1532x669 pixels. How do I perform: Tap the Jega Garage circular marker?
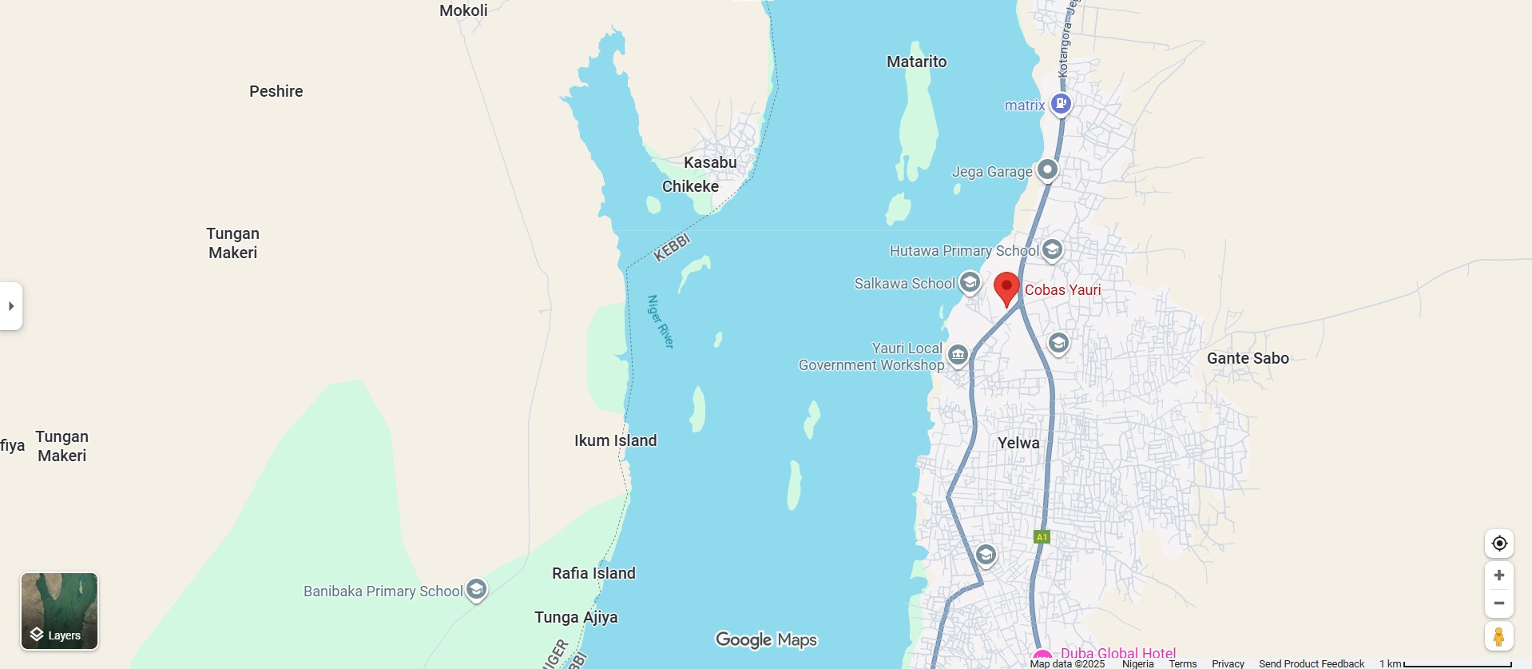1047,170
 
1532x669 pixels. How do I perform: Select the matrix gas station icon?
1061,103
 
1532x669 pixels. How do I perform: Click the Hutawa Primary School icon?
1052,249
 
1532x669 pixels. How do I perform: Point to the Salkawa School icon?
970,282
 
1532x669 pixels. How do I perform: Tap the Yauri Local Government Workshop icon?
958,354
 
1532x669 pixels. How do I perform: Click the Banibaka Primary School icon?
477,590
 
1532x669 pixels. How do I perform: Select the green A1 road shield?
1042,537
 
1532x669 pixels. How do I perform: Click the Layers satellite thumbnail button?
59,611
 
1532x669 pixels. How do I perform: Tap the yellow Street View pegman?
1498,637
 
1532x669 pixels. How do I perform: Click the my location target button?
1499,544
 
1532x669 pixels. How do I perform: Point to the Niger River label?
661,321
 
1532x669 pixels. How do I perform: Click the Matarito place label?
916,62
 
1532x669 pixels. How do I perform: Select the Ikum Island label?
615,440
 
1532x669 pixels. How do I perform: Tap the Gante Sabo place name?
1248,358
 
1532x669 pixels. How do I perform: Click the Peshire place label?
276,91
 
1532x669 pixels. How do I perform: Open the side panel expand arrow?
11,306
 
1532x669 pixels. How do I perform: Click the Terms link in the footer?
1182,663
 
